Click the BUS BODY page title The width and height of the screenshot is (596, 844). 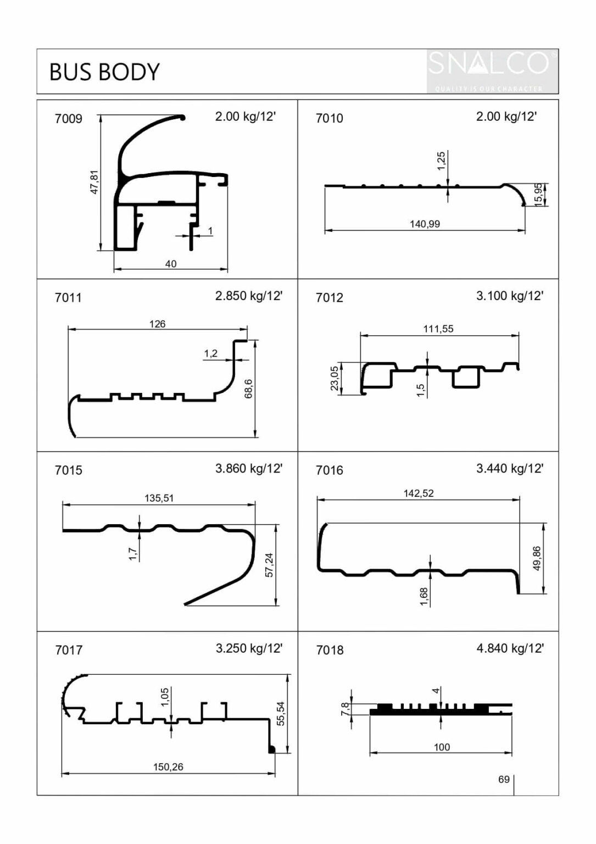click(104, 72)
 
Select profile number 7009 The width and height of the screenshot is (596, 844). click(69, 119)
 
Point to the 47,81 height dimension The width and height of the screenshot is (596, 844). click(94, 182)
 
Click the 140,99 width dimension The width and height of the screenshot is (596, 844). click(425, 224)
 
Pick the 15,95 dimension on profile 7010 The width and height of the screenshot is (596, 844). click(539, 194)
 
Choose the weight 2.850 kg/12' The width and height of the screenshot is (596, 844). click(248, 296)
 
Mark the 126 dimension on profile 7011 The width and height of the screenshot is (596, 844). click(157, 324)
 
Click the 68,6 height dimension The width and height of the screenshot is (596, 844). click(249, 388)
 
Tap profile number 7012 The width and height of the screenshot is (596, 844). click(329, 298)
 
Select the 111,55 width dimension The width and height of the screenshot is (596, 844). click(438, 329)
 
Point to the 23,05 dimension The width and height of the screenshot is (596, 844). click(335, 379)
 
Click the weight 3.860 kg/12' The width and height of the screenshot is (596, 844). click(248, 468)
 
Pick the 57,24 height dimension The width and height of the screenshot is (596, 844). click(269, 564)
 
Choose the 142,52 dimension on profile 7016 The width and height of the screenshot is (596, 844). click(419, 493)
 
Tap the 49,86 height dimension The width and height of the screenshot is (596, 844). click(537, 558)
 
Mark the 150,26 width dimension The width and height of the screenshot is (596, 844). click(168, 767)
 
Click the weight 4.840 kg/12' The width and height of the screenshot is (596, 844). click(510, 648)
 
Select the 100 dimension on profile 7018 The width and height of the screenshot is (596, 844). click(442, 747)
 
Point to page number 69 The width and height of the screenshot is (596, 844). click(504, 779)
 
